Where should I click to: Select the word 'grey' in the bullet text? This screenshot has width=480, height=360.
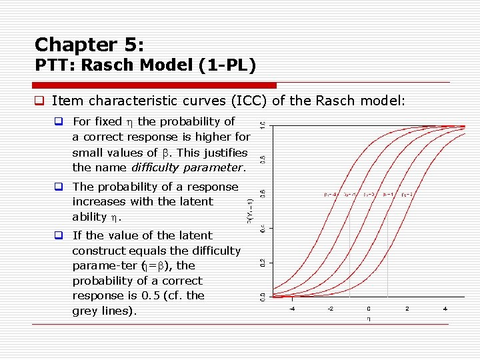click(85, 311)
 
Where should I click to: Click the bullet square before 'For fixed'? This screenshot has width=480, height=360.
click(59, 122)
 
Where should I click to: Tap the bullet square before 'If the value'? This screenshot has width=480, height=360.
click(59, 236)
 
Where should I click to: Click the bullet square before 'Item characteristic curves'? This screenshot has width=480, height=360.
click(39, 102)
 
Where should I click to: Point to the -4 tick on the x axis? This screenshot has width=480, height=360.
click(291, 309)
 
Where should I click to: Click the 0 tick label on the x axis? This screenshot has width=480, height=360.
click(369, 309)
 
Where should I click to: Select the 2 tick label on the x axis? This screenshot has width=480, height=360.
click(407, 309)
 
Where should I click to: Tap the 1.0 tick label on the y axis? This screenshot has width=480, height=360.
click(262, 125)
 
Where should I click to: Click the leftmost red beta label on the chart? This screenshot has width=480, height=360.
click(330, 195)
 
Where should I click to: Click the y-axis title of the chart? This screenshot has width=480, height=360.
click(249, 210)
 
